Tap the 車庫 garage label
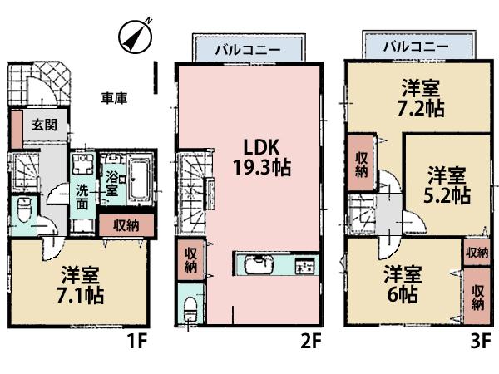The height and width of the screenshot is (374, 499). (x=114, y=98)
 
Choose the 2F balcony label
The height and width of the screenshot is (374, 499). (x=240, y=48)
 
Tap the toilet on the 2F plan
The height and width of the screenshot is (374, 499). (x=190, y=308)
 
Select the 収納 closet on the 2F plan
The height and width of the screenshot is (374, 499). (x=190, y=260)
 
